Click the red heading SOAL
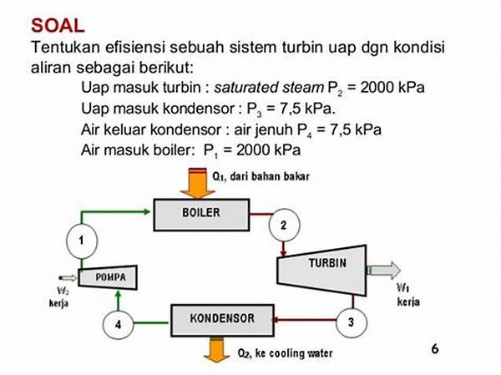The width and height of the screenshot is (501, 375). [x=58, y=26]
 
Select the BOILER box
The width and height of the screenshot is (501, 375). [x=201, y=215]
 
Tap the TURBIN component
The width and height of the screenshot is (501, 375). [x=322, y=271]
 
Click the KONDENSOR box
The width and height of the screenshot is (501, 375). [x=222, y=321]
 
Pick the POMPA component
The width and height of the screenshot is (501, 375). [x=108, y=277]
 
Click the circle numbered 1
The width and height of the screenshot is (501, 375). [x=82, y=241]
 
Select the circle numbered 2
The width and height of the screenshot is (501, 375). [x=284, y=225]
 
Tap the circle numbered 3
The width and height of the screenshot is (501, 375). [x=352, y=322]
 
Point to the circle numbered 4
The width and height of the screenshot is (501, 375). [x=118, y=324]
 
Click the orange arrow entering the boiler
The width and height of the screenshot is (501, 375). [x=198, y=183]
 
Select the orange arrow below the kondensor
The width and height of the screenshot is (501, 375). [x=216, y=349]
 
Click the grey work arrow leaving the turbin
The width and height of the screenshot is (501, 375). [x=383, y=270]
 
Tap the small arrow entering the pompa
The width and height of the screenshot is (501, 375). [x=68, y=278]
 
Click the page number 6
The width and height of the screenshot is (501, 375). [x=435, y=348]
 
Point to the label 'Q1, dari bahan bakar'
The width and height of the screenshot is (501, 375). [x=261, y=176]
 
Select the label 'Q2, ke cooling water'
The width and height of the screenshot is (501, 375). [x=285, y=353]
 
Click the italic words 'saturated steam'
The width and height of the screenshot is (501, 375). [x=269, y=87]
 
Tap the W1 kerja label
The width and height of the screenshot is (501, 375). [x=408, y=295]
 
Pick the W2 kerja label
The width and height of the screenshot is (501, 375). [x=58, y=297]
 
